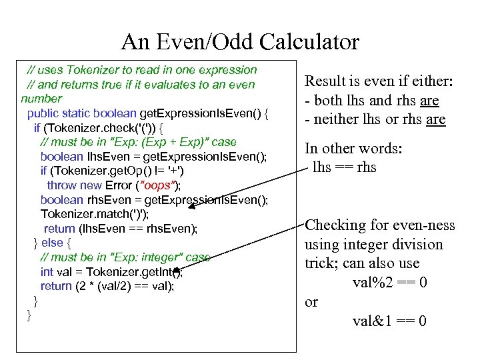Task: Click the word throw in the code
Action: (61, 185)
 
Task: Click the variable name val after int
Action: (65, 271)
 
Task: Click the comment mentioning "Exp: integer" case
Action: (125, 257)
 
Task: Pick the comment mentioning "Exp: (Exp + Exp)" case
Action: (138, 142)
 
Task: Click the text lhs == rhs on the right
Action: (345, 167)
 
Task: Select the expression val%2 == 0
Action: (390, 283)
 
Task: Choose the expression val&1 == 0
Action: (390, 321)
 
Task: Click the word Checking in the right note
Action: (336, 225)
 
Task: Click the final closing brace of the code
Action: (29, 315)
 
